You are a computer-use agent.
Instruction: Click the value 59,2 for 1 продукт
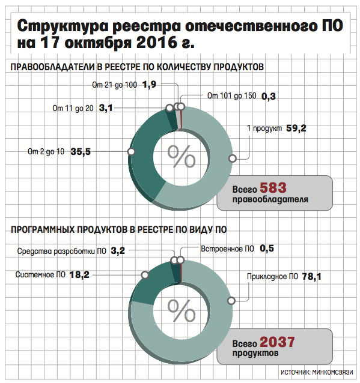[296, 128]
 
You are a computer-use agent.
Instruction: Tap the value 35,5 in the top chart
[81, 152]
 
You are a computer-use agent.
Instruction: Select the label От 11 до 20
[73, 108]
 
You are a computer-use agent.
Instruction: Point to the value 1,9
[149, 85]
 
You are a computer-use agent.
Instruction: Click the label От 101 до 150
[231, 96]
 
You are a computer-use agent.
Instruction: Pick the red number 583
[273, 187]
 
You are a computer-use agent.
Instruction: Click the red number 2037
[277, 342]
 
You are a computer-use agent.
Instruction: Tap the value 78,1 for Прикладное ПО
[311, 277]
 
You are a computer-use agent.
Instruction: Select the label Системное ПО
[40, 275]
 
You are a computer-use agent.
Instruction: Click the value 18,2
[79, 275]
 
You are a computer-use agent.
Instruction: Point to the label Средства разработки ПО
[62, 251]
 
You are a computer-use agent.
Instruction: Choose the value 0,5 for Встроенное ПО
[267, 249]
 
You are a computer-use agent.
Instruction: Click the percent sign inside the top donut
[182, 156]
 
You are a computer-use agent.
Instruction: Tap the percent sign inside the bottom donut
[182, 310]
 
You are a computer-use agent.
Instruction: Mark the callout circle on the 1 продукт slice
[233, 158]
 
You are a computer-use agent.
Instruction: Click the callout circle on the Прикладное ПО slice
[231, 301]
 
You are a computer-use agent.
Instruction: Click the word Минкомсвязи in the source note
[332, 372]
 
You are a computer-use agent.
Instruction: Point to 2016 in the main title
[156, 42]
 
